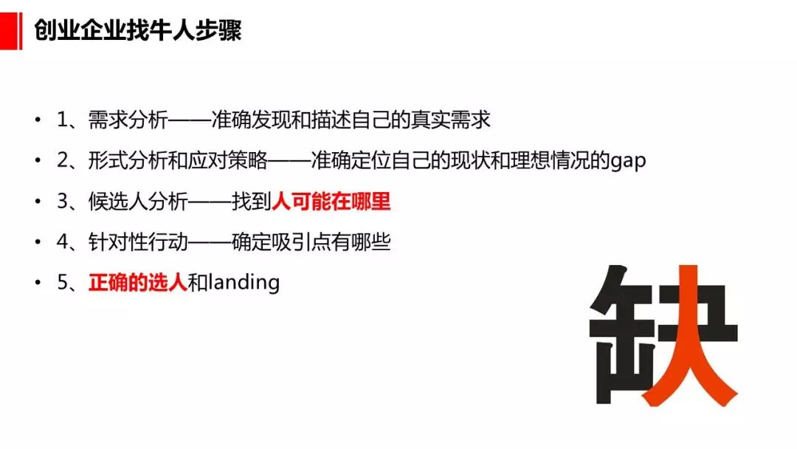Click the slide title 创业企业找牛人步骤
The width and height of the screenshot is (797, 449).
pos(137,30)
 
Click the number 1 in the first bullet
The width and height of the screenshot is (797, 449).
pos(62,120)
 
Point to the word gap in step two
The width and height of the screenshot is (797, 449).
pos(628,161)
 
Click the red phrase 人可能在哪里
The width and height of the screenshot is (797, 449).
pos(331,202)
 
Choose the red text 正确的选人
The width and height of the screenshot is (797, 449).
pos(137,283)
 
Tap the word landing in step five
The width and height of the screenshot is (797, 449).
pos(244,283)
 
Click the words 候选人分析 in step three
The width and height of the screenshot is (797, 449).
pos(127,202)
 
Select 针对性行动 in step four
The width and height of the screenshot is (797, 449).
pos(127,242)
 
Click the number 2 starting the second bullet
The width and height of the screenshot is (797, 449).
pos(62,160)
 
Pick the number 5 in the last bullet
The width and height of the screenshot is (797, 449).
pos(62,283)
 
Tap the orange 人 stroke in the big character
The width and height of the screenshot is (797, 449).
pos(689,347)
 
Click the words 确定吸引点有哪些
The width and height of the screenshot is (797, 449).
pos(311,242)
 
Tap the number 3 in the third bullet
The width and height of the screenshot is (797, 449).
pos(62,202)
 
